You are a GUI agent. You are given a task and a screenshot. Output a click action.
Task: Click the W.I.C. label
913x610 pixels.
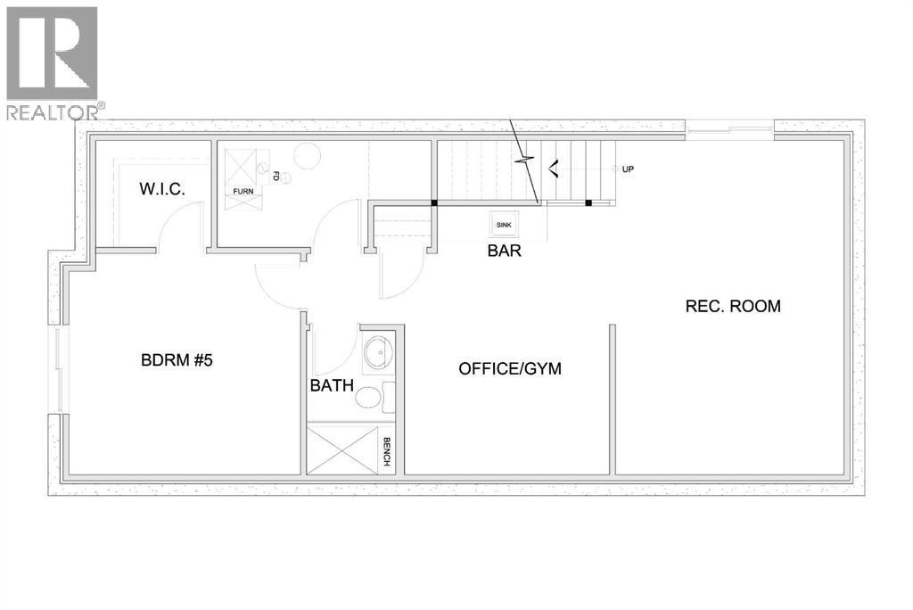coord(160,190)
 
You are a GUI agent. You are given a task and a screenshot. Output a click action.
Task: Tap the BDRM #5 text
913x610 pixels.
coord(177,361)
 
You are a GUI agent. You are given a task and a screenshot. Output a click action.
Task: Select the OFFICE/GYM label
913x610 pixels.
coord(510,368)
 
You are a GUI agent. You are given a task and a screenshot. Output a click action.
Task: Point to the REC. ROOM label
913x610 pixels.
coord(733,306)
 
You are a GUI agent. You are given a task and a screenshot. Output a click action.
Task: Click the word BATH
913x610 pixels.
coord(332,386)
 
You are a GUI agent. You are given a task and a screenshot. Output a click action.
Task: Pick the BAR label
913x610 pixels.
coord(504,251)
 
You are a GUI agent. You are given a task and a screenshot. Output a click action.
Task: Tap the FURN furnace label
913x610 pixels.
coord(242,192)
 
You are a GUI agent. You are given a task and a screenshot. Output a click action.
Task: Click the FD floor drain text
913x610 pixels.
coord(276,177)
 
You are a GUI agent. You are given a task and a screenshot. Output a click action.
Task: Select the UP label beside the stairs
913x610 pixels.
coord(628,169)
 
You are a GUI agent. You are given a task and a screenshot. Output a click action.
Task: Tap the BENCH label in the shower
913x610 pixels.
coord(387,453)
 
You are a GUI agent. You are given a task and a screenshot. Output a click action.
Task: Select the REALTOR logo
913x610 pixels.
coord(53,62)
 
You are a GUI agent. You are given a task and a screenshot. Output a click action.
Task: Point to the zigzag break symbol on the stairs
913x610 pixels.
coord(527,162)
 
